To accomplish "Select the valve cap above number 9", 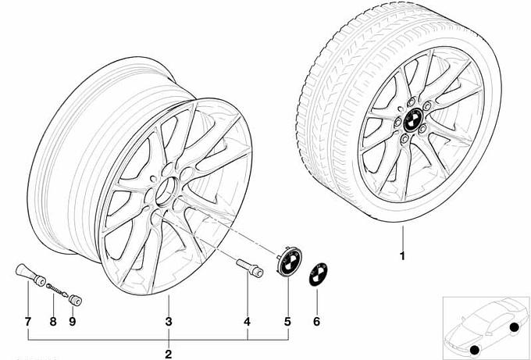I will pyautogui.click(x=77, y=298).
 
